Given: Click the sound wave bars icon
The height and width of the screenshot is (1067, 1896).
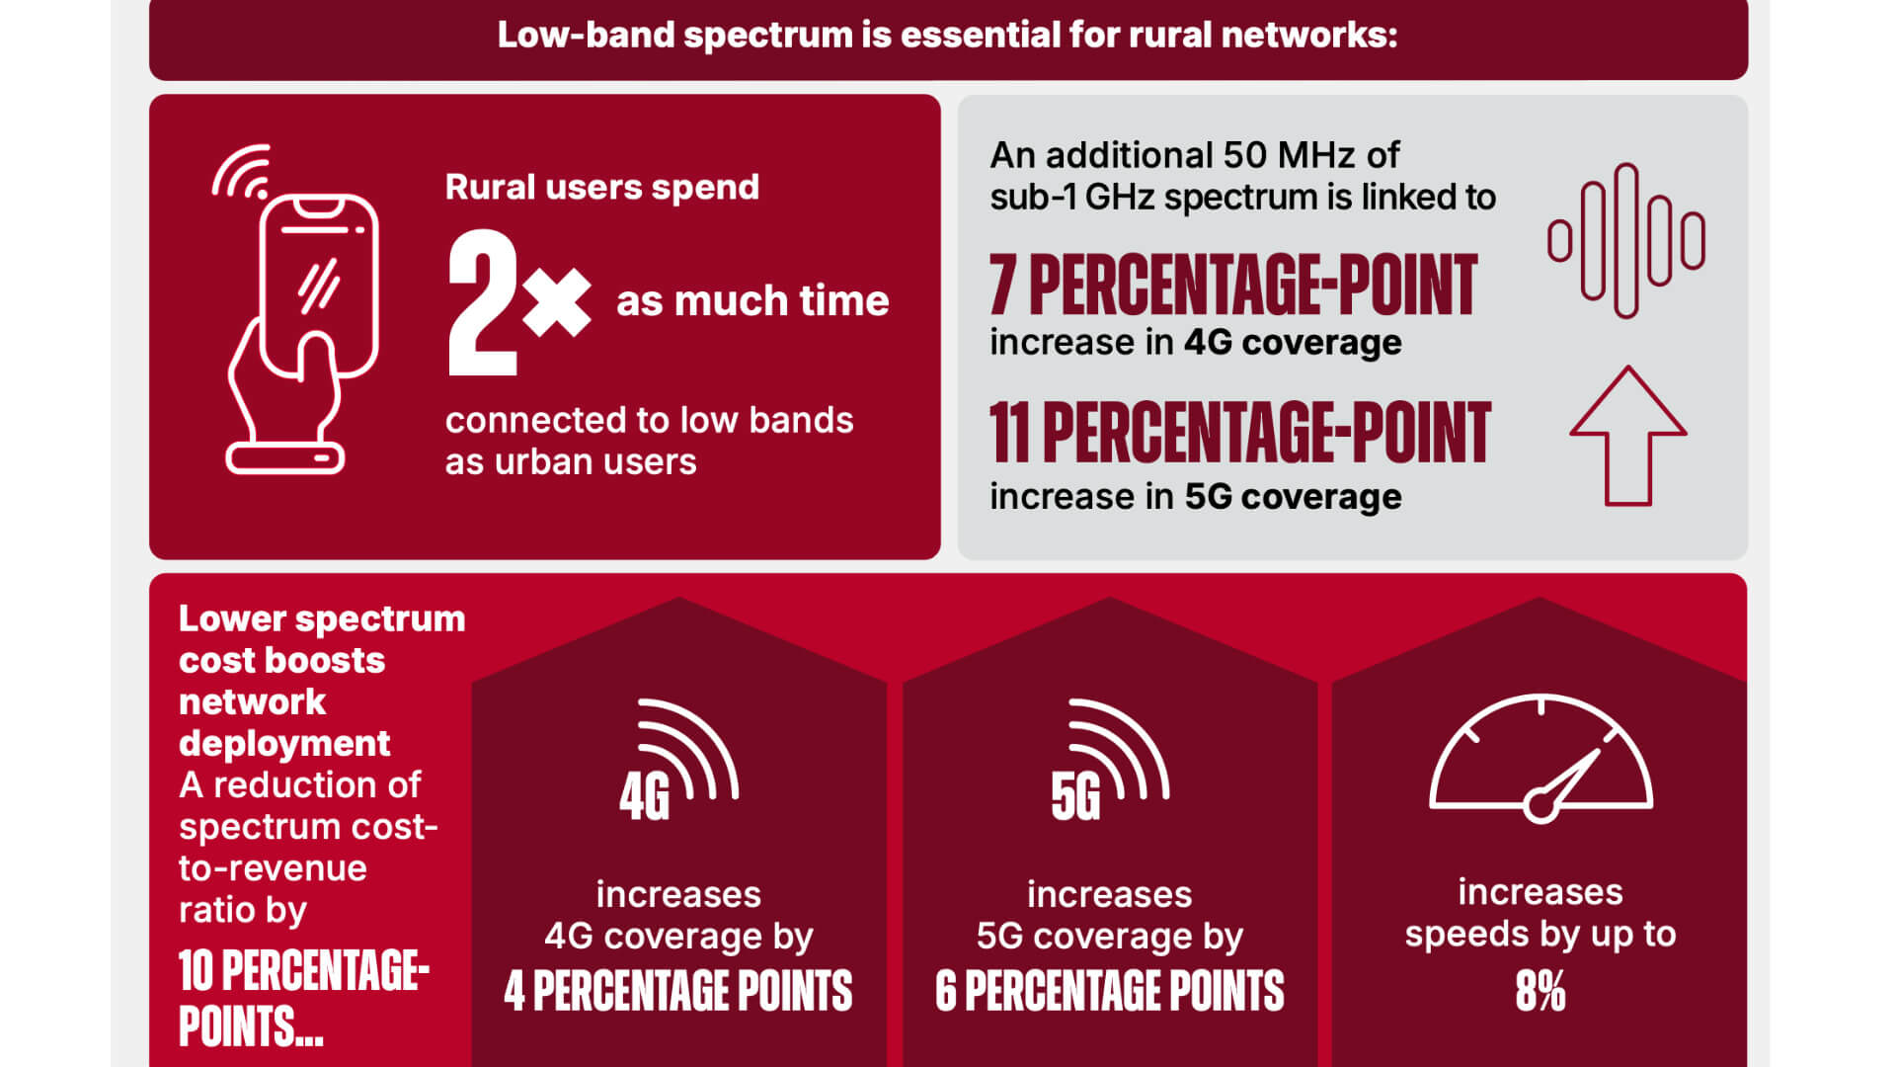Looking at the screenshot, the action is coord(1626,240).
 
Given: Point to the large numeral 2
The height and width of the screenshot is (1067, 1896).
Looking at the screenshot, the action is coord(483,302).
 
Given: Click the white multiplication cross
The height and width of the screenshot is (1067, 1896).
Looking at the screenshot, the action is coord(557,300).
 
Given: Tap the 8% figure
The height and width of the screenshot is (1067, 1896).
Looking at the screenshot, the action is coord(1540,991).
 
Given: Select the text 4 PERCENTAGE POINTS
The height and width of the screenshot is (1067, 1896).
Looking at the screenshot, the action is coord(678,991).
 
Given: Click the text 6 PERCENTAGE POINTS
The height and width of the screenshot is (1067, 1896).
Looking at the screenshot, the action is coord(1110,991).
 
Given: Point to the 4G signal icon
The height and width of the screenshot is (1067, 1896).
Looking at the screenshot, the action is coord(678,761).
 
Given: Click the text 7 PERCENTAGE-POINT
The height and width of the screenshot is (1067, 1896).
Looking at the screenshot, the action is coord(1233,285).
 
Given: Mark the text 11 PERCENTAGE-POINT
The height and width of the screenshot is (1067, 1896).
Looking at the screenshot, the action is coord(1240,433).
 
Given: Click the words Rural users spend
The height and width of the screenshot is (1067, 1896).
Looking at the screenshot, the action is coord(602,187).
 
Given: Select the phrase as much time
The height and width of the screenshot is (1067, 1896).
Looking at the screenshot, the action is coord(752,300).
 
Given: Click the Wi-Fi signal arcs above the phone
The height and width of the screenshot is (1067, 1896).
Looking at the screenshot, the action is coord(242,172).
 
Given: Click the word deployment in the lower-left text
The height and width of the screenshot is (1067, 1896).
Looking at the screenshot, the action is coord(284,744).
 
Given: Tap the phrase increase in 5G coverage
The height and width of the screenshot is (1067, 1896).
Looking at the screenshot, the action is coord(1196,496).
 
